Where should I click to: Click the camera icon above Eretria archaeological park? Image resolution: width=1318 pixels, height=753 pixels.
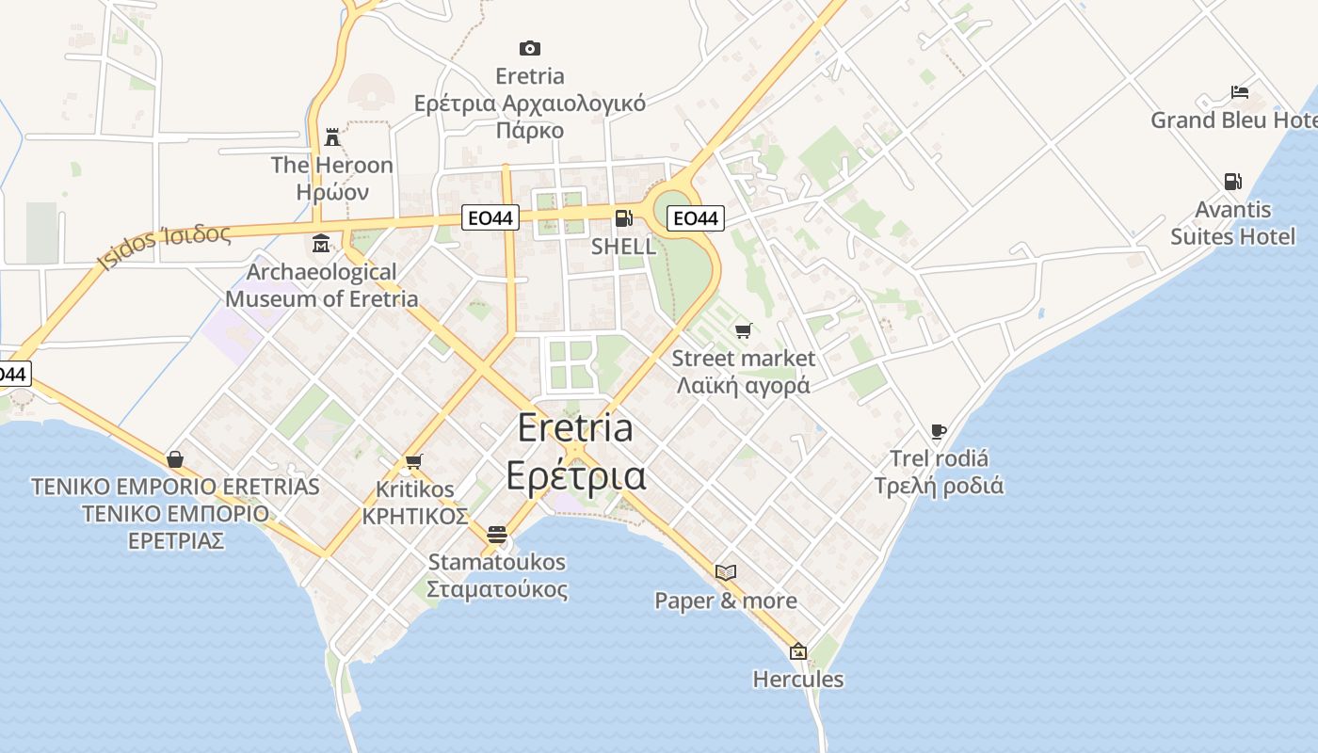pyautogui.click(x=530, y=48)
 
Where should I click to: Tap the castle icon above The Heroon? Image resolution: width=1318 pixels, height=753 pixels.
pyautogui.click(x=332, y=137)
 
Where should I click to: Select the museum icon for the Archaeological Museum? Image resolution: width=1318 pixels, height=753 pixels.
pyautogui.click(x=321, y=244)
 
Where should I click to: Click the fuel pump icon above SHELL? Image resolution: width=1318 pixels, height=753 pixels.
pyautogui.click(x=623, y=218)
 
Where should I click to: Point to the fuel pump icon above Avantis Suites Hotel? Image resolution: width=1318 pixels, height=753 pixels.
pyautogui.click(x=1232, y=182)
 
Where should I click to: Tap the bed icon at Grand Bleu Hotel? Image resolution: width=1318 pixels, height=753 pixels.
pyautogui.click(x=1240, y=92)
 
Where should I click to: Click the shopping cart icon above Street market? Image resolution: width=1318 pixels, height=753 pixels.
pyautogui.click(x=744, y=330)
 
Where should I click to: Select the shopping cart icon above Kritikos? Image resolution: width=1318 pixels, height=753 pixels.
pyautogui.click(x=413, y=461)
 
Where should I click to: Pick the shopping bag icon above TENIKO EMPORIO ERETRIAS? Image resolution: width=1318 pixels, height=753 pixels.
pyautogui.click(x=175, y=459)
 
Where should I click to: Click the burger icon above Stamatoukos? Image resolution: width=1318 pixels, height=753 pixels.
pyautogui.click(x=497, y=535)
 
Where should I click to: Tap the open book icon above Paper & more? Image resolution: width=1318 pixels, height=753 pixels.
pyautogui.click(x=725, y=572)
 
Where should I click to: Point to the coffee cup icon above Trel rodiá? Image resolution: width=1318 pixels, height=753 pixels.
pyautogui.click(x=938, y=431)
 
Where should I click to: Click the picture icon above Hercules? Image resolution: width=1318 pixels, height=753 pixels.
pyautogui.click(x=798, y=650)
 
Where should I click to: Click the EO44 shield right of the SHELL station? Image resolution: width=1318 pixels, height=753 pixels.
pyautogui.click(x=695, y=218)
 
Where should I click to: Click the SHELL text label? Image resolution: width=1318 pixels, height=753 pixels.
pyautogui.click(x=623, y=247)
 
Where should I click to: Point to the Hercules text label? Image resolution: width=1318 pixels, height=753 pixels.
pyautogui.click(x=798, y=679)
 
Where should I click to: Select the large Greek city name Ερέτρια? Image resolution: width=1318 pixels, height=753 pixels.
pyautogui.click(x=576, y=475)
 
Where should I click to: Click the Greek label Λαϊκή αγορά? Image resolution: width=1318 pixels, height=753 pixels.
pyautogui.click(x=743, y=385)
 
